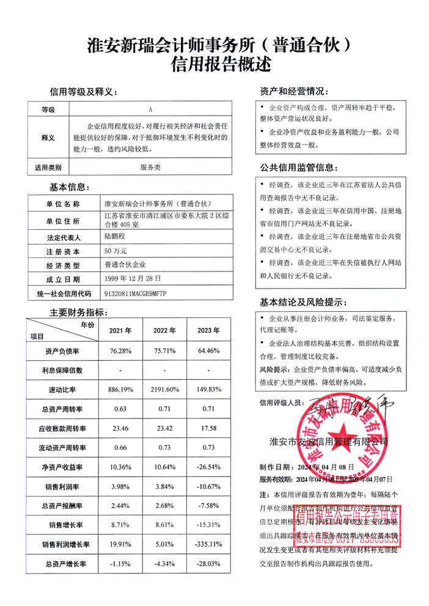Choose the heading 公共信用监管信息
297,168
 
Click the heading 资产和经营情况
292,92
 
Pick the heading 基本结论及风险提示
301,302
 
